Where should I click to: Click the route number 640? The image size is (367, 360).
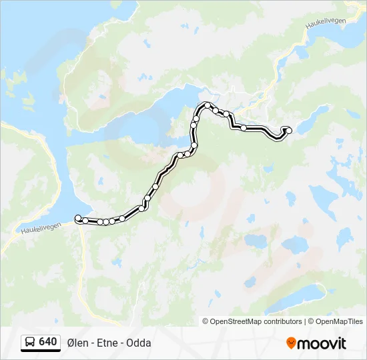[47, 342]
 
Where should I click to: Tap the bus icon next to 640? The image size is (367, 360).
[30, 343]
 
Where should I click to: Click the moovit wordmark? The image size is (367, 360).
[322, 343]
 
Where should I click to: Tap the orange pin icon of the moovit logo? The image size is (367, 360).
[291, 343]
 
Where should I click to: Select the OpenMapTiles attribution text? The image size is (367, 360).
[338, 321]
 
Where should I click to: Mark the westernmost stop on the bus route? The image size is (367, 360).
[78, 218]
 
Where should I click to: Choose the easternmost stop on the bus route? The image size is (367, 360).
[289, 130]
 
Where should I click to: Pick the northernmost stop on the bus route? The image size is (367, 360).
[208, 105]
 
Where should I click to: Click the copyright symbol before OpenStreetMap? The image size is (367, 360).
[206, 321]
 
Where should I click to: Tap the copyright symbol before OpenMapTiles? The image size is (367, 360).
[311, 321]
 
